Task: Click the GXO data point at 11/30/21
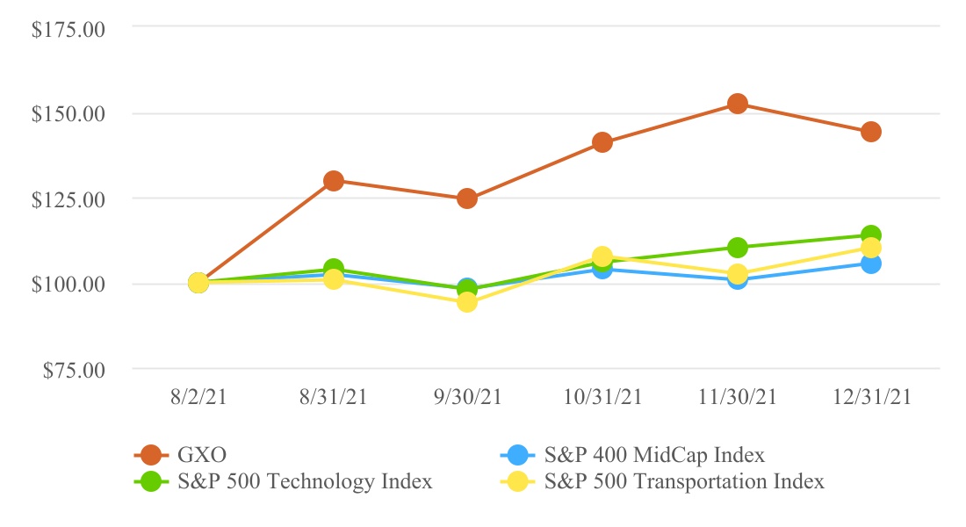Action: coord(738,104)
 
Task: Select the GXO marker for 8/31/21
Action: coord(334,181)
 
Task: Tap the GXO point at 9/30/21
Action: coord(467,199)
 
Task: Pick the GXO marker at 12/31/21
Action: coord(871,132)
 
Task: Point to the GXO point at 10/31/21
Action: coord(602,142)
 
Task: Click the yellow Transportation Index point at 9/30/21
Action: coord(467,302)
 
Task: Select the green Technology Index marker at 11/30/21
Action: coord(738,247)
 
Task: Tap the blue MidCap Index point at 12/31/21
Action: coord(871,263)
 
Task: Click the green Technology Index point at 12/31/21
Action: coord(871,235)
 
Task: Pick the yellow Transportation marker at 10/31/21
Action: coord(602,256)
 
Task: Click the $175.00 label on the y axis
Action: coord(68,29)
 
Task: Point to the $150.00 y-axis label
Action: coord(68,114)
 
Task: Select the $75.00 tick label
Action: coord(72,370)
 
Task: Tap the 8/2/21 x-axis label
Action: coord(198,397)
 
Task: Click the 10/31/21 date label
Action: coord(602,397)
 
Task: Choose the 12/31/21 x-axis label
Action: coord(871,397)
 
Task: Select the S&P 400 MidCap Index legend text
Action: coord(654,455)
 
